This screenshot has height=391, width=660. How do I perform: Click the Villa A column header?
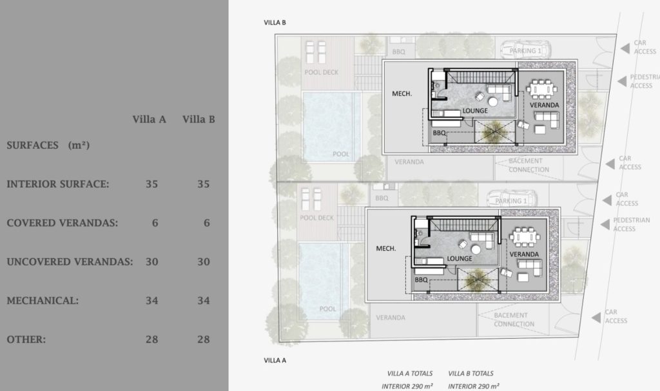[x=149, y=119]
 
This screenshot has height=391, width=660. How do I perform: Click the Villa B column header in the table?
[x=198, y=119]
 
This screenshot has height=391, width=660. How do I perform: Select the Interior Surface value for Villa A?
[x=151, y=184]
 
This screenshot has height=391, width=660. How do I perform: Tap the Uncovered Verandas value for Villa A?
[x=151, y=262]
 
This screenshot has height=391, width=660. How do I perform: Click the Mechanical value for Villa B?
[x=203, y=300]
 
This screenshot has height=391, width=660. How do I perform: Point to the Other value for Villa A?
[x=151, y=339]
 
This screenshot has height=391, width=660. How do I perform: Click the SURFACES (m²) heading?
[x=48, y=146]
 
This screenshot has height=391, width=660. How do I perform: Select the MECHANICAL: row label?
[x=43, y=300]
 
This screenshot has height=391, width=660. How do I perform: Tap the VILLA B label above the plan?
[x=275, y=23]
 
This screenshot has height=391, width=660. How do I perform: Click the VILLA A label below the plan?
[x=275, y=360]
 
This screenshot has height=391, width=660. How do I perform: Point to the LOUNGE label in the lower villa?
[x=460, y=258]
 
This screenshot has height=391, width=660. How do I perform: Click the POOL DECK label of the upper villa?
[x=321, y=72]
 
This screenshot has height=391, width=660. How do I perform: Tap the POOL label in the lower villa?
[x=327, y=309]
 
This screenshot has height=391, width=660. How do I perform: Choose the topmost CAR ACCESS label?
[x=645, y=47]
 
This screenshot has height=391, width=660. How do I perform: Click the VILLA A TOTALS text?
[x=410, y=373]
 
